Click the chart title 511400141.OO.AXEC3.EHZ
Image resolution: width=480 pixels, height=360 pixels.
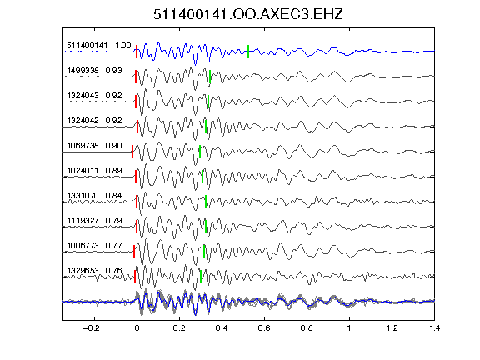248,14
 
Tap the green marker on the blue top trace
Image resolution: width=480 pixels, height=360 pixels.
248,52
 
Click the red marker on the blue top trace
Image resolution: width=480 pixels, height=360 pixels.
137,52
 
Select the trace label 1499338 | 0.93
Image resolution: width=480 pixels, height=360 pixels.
94,71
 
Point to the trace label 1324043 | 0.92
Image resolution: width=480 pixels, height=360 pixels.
94,96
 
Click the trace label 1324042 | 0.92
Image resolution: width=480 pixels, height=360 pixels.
94,121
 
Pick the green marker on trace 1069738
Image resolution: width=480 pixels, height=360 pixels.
200,152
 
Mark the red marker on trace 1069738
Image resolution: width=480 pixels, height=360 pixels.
132,152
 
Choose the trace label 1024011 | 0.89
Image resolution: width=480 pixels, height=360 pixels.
94,171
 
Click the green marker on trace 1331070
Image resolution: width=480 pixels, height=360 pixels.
206,202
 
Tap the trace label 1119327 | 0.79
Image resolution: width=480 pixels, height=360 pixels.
94,221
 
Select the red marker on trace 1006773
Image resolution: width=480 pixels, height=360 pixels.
134,252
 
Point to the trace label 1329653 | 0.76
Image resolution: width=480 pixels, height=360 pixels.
94,271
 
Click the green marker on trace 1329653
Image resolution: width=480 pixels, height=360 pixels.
201,277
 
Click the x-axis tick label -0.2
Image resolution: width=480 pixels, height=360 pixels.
91,328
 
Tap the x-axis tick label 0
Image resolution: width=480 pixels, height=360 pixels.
137,328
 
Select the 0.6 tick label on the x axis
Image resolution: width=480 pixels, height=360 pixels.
264,328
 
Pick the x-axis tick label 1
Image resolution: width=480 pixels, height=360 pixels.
349,328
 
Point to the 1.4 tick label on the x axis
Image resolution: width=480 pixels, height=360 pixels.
434,328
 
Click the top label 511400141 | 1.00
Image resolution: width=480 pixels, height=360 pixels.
99,46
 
